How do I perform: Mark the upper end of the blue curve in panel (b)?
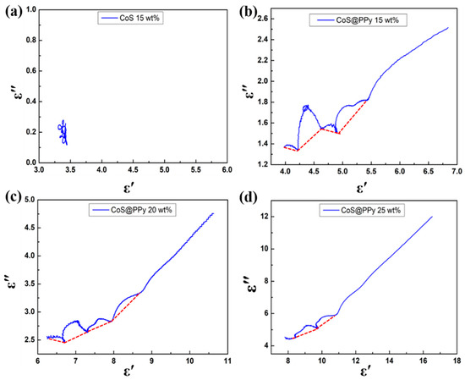pyautogui.click(x=448, y=28)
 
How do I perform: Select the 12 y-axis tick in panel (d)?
pyautogui.click(x=267, y=217)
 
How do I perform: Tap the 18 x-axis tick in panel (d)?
pyautogui.click(x=457, y=359)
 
